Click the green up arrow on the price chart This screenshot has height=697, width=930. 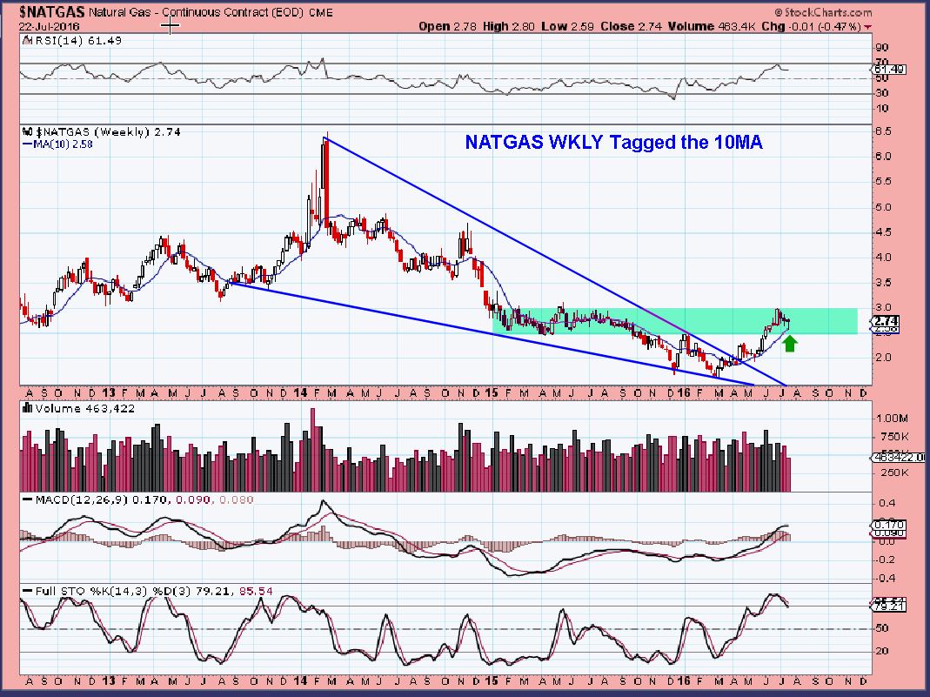point(790,344)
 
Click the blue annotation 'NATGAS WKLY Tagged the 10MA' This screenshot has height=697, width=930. point(613,143)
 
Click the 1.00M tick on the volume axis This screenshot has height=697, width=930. point(889,418)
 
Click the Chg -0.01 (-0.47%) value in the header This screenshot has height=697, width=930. point(823,26)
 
